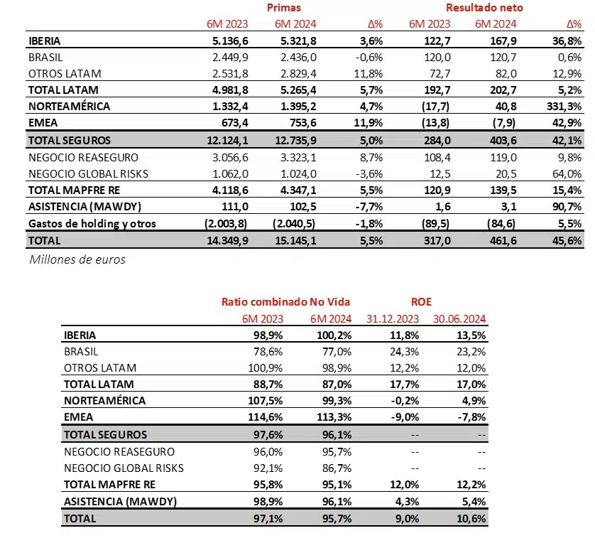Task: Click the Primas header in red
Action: click(284, 8)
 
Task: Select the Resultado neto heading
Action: click(484, 8)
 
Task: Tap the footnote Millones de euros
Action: click(77, 259)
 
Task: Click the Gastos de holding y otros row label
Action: click(92, 224)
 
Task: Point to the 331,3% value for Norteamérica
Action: click(565, 107)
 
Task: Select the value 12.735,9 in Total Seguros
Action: click(293, 141)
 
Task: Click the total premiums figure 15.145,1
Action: click(293, 241)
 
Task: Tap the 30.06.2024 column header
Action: click(459, 318)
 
